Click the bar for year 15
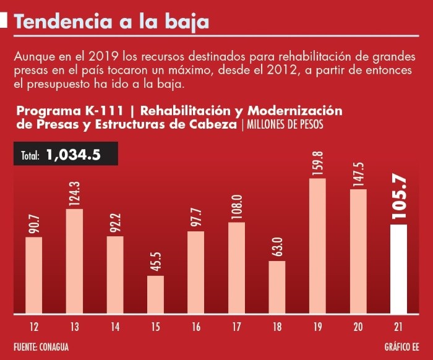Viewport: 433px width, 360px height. (x=155, y=294)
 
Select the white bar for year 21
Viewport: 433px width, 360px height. (x=399, y=269)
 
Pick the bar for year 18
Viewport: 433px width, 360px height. (x=277, y=287)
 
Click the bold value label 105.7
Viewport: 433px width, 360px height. (x=399, y=198)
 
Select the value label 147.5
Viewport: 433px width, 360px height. (x=359, y=172)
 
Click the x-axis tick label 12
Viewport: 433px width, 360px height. (x=34, y=325)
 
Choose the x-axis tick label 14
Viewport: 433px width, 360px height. (x=115, y=325)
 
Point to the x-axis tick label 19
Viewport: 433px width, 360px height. (x=317, y=325)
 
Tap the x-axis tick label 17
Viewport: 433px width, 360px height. (x=237, y=325)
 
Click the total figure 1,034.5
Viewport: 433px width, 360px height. (x=73, y=155)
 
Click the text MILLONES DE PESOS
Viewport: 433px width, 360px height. (x=285, y=124)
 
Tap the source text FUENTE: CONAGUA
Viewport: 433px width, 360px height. (x=41, y=346)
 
